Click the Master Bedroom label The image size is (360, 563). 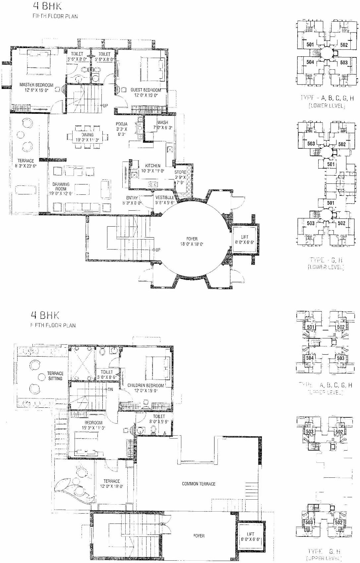(x=36, y=85)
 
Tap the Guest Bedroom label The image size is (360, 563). (x=146, y=90)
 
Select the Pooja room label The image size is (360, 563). (x=121, y=124)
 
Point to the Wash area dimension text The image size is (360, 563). (x=162, y=128)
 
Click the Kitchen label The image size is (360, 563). (x=152, y=166)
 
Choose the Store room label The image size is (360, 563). (x=180, y=172)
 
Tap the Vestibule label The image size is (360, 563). (x=164, y=197)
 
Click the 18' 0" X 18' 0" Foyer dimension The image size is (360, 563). (x=192, y=244)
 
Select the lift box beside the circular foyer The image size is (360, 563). (x=245, y=240)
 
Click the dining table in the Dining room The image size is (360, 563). (x=88, y=136)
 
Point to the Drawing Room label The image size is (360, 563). (x=61, y=186)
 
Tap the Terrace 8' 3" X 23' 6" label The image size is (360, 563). (x=26, y=161)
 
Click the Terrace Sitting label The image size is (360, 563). (x=55, y=376)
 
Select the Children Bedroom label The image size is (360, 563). (x=146, y=386)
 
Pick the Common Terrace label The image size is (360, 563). (x=198, y=484)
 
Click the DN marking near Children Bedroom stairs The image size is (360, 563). (x=110, y=389)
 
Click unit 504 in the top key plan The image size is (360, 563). (x=310, y=62)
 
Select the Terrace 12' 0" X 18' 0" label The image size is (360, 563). (x=111, y=481)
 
